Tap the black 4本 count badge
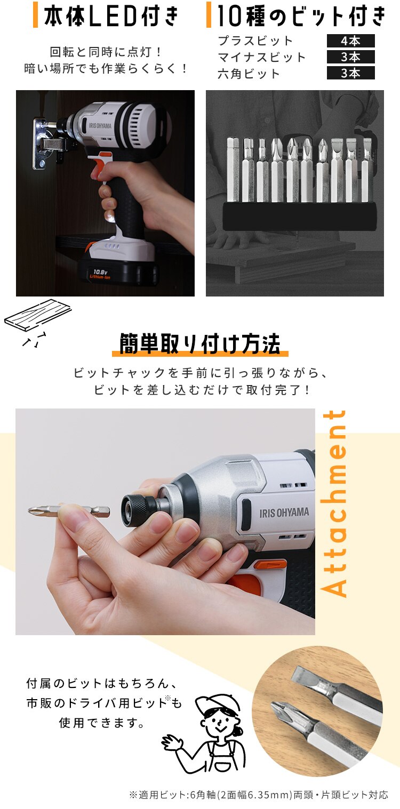pos(350,41)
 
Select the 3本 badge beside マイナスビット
pos(350,57)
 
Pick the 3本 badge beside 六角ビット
pos(350,73)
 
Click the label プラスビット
pos(255,41)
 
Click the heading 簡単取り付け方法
pos(200,345)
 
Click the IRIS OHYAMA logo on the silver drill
pos(284,512)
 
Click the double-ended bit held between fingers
pos(69,510)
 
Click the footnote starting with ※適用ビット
pos(258,795)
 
